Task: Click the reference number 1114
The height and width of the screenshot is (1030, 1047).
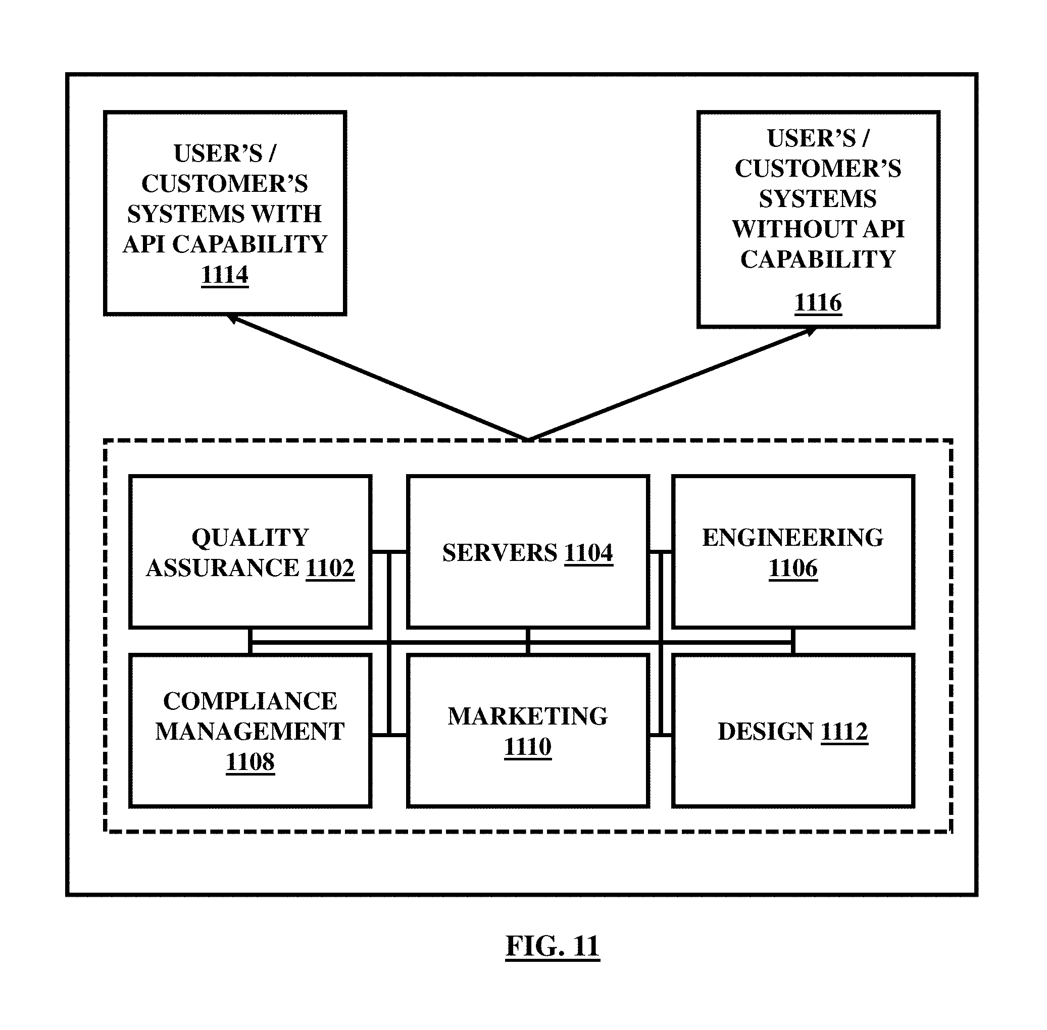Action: tap(225, 274)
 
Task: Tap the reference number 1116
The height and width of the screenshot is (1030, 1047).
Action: tap(818, 302)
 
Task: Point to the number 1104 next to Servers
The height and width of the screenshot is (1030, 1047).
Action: tap(589, 553)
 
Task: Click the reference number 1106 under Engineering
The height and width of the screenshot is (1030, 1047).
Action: tap(792, 568)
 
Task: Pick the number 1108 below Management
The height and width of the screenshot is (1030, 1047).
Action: tap(250, 762)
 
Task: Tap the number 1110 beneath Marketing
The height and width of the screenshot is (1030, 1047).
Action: tap(528, 747)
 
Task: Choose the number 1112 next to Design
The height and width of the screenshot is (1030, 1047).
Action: tap(844, 732)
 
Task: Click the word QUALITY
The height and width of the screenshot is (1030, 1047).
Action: tap(250, 538)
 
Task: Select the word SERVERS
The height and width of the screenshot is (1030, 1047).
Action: tap(500, 553)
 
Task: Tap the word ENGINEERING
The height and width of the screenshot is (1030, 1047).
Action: tap(792, 538)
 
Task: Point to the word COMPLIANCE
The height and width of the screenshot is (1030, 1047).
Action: tap(250, 701)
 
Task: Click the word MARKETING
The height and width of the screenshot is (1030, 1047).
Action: tap(528, 716)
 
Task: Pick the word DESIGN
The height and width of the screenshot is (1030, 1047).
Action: tap(766, 732)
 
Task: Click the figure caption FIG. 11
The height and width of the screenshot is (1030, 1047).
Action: tap(553, 946)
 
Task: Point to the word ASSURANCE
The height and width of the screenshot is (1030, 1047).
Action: tap(222, 568)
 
